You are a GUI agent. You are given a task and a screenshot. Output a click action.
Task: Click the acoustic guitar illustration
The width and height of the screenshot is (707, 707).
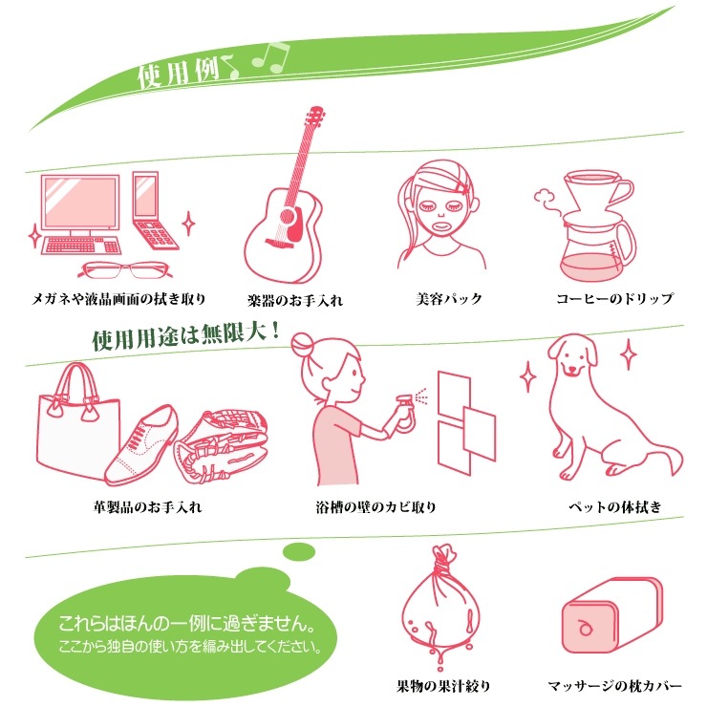pyautogui.click(x=284, y=212)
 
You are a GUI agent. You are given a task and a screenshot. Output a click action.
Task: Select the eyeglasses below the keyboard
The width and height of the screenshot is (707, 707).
pyautogui.click(x=125, y=269)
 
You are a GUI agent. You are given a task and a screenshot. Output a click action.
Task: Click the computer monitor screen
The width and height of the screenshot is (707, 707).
pyautogui.click(x=80, y=203)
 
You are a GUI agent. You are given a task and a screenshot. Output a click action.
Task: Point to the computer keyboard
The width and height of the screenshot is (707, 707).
pyautogui.click(x=81, y=246)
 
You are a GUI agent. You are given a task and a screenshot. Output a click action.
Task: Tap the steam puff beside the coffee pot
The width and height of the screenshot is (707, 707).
pyautogui.click(x=546, y=200)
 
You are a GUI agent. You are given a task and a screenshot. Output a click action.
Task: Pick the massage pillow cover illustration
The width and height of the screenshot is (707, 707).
pyautogui.click(x=612, y=614)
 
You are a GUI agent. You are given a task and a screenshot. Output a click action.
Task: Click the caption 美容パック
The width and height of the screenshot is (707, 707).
pyautogui.click(x=449, y=298)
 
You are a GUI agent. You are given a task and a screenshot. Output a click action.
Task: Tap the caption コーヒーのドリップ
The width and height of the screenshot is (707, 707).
pyautogui.click(x=614, y=298)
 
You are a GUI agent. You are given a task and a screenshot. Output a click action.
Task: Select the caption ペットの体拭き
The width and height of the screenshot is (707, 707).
pyautogui.click(x=614, y=506)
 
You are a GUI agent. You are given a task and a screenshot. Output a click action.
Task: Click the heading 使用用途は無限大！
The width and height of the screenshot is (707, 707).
pyautogui.click(x=185, y=336)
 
